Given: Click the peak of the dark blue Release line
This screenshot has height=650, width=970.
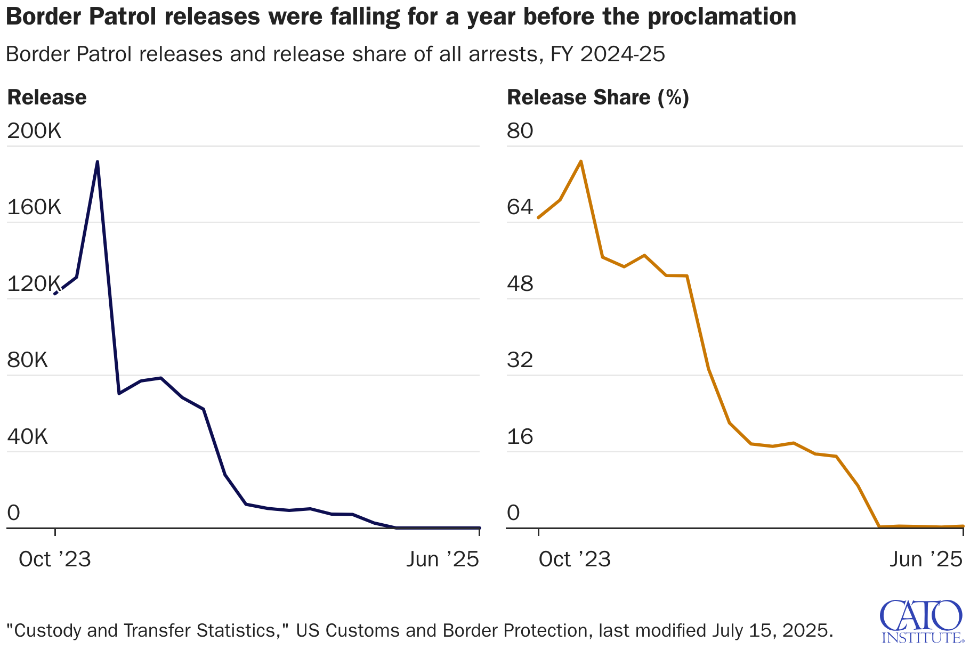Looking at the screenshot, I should (97, 161).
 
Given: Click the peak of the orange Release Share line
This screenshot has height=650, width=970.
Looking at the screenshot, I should (580, 161).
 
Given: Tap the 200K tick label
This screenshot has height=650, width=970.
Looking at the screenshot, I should (34, 131).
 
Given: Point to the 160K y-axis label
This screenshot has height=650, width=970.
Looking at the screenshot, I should (34, 207).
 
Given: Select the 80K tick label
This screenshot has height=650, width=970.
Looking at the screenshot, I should (28, 360).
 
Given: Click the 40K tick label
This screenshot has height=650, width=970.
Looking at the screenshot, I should (28, 436).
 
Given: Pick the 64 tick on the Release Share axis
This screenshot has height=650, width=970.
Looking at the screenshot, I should (520, 207).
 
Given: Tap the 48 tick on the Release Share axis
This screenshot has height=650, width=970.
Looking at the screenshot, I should (520, 284).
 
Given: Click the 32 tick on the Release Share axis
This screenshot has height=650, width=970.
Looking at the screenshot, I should (520, 360).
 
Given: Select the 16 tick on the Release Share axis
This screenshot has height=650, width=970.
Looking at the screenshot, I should (520, 436).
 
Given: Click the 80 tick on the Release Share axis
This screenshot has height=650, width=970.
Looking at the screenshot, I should (520, 131).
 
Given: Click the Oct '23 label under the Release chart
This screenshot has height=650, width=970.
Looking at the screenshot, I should (55, 559).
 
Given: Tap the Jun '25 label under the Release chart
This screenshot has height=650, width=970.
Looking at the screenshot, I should (442, 559).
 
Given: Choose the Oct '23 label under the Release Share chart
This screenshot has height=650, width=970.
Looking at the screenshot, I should (575, 559).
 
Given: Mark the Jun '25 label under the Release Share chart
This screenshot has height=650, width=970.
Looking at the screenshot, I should (926, 559).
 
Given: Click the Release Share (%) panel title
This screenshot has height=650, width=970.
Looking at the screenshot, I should (598, 97).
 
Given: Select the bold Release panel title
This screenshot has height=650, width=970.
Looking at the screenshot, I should (47, 97).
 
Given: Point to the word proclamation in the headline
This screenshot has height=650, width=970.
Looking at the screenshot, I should (722, 17).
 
